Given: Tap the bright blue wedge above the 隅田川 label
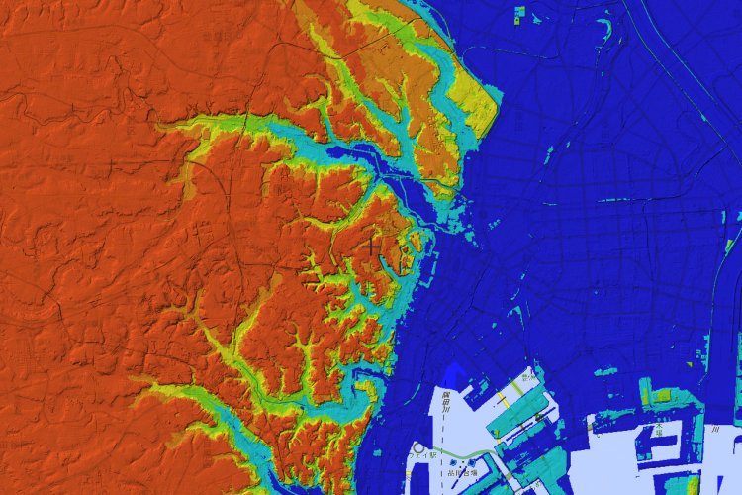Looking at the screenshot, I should (453, 374).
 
